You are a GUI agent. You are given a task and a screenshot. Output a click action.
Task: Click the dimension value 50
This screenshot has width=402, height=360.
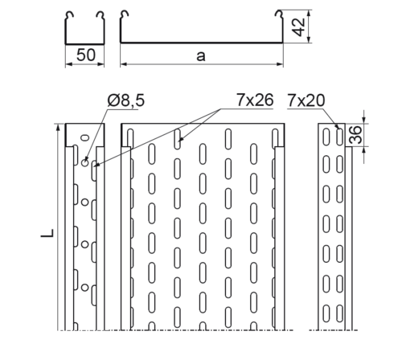pyautogui.click(x=86, y=55)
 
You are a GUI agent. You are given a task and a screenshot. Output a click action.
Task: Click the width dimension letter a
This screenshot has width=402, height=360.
pyautogui.click(x=201, y=56)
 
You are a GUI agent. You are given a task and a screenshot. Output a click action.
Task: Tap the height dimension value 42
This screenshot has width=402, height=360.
pyautogui.click(x=298, y=27)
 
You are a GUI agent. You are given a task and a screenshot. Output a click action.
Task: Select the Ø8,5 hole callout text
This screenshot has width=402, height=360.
pyautogui.click(x=126, y=100)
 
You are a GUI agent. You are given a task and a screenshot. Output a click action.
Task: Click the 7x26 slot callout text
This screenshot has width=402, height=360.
pyautogui.click(x=255, y=100)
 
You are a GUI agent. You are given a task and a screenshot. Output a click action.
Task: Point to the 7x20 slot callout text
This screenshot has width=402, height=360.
pyautogui.click(x=306, y=100)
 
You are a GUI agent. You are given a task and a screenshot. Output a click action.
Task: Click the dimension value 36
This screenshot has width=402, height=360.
pyautogui.click(x=355, y=135)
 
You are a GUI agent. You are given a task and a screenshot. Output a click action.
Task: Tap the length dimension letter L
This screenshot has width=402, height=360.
pyautogui.click(x=47, y=233)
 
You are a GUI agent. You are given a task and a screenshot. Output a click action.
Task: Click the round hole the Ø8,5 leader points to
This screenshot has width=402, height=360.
pyautogui.click(x=85, y=162)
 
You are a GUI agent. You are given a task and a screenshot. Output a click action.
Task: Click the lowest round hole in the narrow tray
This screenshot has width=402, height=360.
pyautogui.click(x=85, y=288)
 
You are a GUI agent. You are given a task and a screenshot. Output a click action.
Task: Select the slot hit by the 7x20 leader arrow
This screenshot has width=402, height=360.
pyautogui.click(x=339, y=137)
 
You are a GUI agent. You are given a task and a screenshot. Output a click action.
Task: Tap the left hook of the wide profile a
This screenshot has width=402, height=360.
pyautogui.click(x=125, y=15)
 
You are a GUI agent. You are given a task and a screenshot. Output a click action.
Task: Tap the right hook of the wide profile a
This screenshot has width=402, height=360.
pyautogui.click(x=279, y=15)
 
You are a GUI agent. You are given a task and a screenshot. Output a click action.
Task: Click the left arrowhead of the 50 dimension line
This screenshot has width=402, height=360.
pyautogui.click(x=68, y=64)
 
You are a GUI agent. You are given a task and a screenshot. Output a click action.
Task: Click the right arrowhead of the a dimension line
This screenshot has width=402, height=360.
pyautogui.click(x=280, y=64)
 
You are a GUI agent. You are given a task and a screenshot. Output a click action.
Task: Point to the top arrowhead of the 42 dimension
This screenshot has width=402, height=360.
pyautogui.click(x=309, y=14)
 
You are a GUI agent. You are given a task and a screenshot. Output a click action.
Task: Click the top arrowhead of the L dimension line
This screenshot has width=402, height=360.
pyautogui.click(x=58, y=128)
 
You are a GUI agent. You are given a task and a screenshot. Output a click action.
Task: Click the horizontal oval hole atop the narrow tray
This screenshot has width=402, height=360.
pyautogui.click(x=85, y=137)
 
